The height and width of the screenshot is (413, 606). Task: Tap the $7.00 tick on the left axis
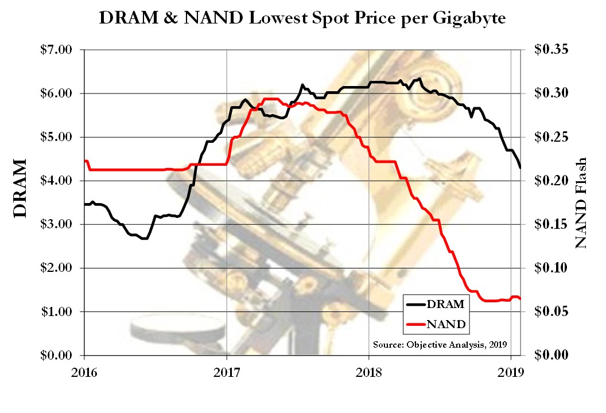[56, 50]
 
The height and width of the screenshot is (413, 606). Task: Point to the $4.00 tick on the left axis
[56, 181]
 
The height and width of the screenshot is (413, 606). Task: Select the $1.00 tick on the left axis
[56, 311]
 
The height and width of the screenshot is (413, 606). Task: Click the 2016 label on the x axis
[84, 371]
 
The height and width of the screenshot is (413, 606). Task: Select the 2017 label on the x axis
[227, 371]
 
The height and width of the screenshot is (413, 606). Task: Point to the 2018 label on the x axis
[369, 371]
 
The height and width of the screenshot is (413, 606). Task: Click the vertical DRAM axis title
[20, 189]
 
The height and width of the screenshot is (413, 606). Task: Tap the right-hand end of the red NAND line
[520, 299]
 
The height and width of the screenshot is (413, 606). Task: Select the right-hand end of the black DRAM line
[520, 167]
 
